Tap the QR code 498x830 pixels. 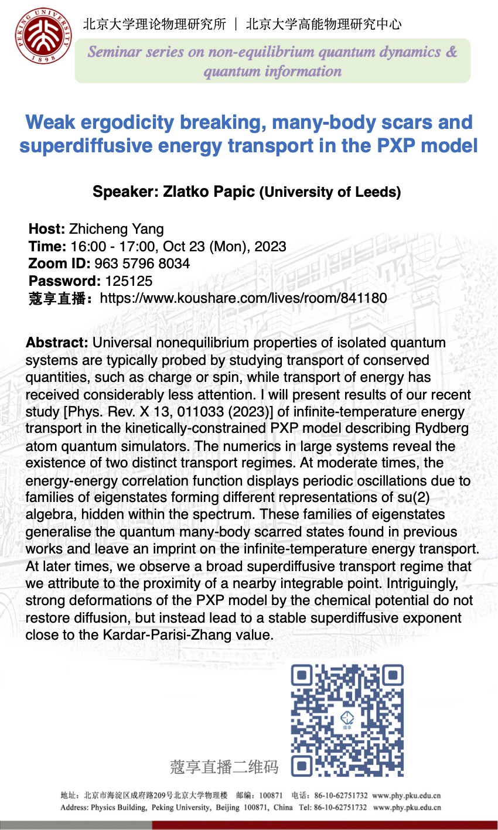tap(347, 720)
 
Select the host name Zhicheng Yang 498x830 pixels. tap(117, 229)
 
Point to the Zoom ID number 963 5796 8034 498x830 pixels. tap(142, 264)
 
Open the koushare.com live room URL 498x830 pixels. tap(243, 298)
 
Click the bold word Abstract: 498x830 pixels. tap(57, 343)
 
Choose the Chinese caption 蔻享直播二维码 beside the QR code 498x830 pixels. tap(224, 767)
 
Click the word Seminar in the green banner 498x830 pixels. tap(115, 52)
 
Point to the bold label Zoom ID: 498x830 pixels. tap(59, 264)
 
